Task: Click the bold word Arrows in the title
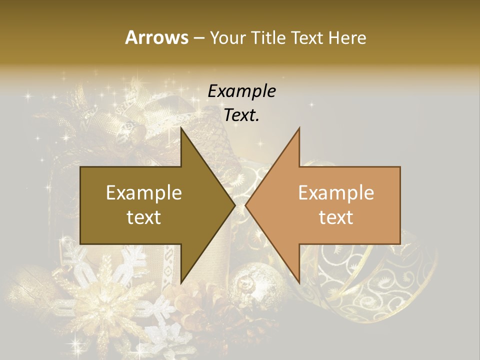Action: click(x=156, y=37)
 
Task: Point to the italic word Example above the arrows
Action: click(x=242, y=91)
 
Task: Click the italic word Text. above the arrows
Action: click(x=242, y=115)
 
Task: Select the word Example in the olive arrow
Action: click(x=144, y=192)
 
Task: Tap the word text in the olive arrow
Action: click(x=144, y=217)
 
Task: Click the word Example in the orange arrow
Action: click(x=336, y=192)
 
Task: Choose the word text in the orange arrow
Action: click(x=336, y=217)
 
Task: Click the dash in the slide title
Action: click(x=198, y=38)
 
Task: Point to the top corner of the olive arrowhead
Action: click(x=181, y=128)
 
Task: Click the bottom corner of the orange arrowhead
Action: click(x=299, y=282)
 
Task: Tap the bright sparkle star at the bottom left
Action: click(x=76, y=344)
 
